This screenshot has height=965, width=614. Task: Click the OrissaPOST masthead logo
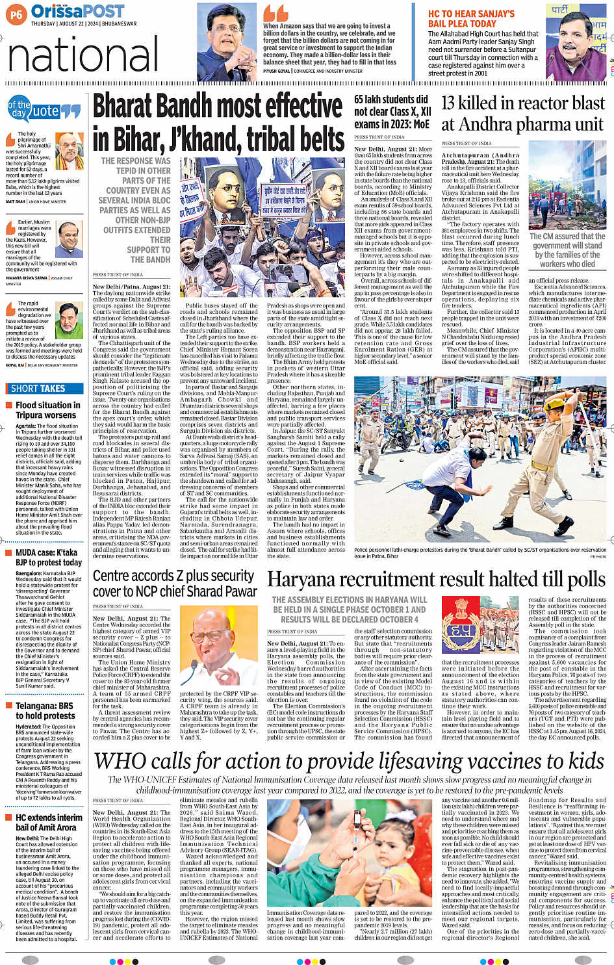tap(78, 12)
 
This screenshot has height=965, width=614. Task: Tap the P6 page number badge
tap(16, 14)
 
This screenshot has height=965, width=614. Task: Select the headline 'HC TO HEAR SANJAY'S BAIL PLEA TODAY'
tap(471, 18)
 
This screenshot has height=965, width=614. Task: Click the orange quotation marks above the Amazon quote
tap(275, 13)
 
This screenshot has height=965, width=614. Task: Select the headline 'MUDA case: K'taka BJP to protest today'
tap(49, 558)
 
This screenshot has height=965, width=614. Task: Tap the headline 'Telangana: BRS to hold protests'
tap(45, 710)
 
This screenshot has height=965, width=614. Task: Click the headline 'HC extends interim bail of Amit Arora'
tap(49, 822)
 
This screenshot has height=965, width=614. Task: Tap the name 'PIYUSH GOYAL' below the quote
tap(276, 71)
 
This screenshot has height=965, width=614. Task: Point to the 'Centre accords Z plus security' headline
tap(174, 583)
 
